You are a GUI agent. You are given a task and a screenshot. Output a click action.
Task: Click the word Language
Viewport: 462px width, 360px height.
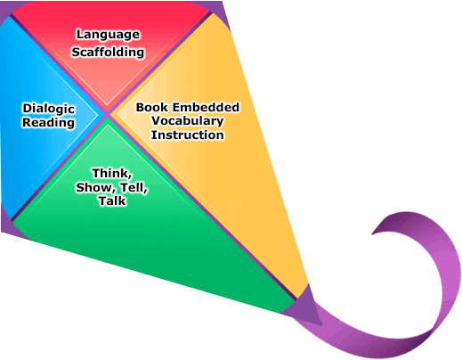pyautogui.click(x=108, y=35)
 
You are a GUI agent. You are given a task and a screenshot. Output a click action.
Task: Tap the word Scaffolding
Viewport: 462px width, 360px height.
pyautogui.click(x=108, y=52)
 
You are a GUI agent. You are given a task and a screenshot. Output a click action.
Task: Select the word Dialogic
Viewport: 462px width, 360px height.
pyautogui.click(x=49, y=109)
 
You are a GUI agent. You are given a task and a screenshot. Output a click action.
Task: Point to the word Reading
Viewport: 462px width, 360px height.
pyautogui.click(x=48, y=123)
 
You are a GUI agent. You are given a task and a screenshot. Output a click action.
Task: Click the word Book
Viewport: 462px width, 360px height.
pyautogui.click(x=152, y=107)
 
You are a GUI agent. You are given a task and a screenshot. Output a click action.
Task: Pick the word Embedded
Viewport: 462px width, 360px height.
pyautogui.click(x=206, y=107)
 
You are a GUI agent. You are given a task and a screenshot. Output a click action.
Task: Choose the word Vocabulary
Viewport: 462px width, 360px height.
pyautogui.click(x=188, y=121)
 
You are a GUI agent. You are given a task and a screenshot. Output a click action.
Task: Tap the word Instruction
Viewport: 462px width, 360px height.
pyautogui.click(x=188, y=135)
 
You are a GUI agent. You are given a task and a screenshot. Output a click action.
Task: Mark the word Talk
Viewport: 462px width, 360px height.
pyautogui.click(x=112, y=200)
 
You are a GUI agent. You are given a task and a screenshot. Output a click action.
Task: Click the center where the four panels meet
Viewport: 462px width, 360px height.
pyautogui.click(x=108, y=114)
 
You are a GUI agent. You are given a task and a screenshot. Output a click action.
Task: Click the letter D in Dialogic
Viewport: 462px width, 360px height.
pyautogui.click(x=27, y=109)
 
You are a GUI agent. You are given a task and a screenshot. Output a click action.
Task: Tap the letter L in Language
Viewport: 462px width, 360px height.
pyautogui.click(x=80, y=34)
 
